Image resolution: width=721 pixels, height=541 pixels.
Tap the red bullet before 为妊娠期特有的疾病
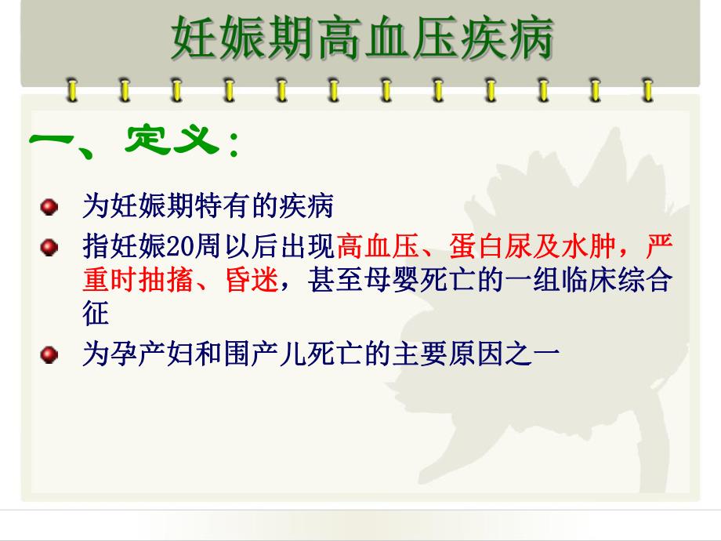pyautogui.click(x=50, y=208)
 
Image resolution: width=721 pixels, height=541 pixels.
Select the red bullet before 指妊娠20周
pyautogui.click(x=50, y=248)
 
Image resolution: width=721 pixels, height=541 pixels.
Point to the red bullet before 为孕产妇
pyautogui.click(x=50, y=355)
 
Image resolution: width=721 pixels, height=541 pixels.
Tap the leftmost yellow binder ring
pyautogui.click(x=71, y=89)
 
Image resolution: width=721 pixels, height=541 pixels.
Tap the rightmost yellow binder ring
pyautogui.click(x=647, y=89)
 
